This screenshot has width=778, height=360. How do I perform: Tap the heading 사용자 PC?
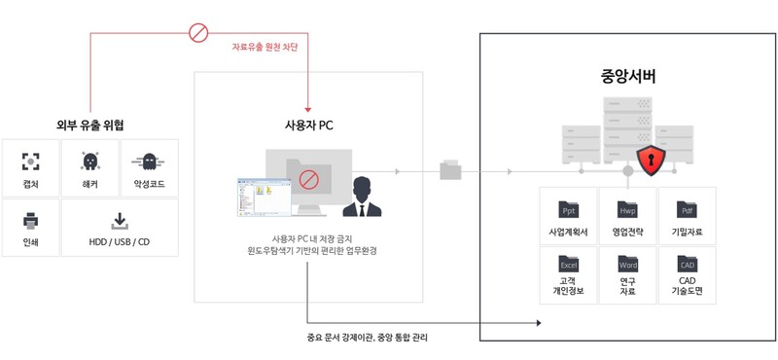[308, 125]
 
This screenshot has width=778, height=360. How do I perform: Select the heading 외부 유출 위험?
[90, 125]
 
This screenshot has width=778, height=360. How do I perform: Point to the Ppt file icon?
[569, 209]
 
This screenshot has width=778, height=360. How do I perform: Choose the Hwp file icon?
[627, 209]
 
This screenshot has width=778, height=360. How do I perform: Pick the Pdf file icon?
[687, 209]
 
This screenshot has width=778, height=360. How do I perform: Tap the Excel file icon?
[569, 264]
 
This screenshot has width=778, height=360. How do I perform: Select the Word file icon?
[627, 264]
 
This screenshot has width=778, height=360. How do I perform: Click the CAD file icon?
[687, 264]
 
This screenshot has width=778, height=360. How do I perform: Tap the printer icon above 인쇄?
[31, 219]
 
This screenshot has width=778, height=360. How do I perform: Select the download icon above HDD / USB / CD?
[120, 219]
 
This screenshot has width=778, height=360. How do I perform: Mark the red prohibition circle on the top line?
[198, 34]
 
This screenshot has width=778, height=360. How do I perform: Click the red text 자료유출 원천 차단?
[264, 47]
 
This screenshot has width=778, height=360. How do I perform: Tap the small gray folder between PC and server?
[451, 170]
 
